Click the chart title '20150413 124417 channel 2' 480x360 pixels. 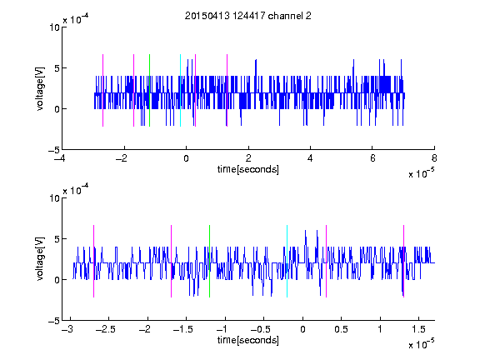click(x=248, y=16)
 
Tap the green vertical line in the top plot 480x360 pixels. click(x=149, y=90)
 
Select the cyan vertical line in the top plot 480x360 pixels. click(x=180, y=90)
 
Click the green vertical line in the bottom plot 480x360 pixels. click(x=209, y=261)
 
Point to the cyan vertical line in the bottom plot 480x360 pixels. click(x=287, y=261)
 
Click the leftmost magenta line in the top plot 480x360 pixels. click(x=102, y=90)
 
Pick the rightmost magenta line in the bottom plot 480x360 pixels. click(x=403, y=261)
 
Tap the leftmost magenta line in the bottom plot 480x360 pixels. click(x=93, y=261)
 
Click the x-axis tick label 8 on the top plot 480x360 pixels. click(x=434, y=158)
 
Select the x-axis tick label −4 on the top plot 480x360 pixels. click(x=60, y=158)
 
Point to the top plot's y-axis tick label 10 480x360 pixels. click(x=55, y=27)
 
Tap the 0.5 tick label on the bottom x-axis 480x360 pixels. click(x=341, y=329)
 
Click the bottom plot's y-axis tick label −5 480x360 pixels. click(x=54, y=321)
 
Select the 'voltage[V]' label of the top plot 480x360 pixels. click(x=40, y=89)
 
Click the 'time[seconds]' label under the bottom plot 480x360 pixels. click(x=248, y=340)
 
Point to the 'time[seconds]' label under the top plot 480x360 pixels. click(x=248, y=169)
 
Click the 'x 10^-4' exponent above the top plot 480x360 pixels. click(x=76, y=19)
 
